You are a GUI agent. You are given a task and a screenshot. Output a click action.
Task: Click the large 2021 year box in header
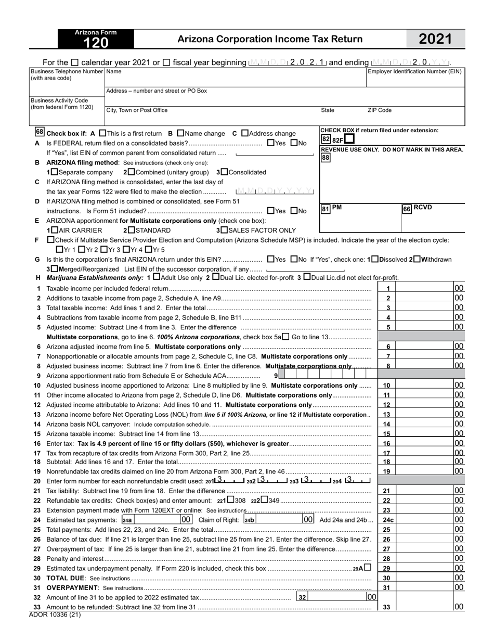click(435, 39)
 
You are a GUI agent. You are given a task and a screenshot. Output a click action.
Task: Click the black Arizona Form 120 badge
click(95, 39)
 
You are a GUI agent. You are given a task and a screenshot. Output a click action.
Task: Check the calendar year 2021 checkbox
click(75, 62)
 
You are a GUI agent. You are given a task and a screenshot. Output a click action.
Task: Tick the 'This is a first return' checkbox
click(102, 133)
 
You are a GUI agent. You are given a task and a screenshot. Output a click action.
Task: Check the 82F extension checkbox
click(349, 139)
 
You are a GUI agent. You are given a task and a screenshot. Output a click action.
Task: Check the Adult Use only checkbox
click(157, 277)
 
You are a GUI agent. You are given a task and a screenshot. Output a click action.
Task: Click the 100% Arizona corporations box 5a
click(285, 337)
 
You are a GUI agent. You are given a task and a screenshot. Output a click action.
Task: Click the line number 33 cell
click(386, 607)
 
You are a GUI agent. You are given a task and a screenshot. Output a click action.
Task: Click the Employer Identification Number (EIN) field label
click(414, 71)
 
